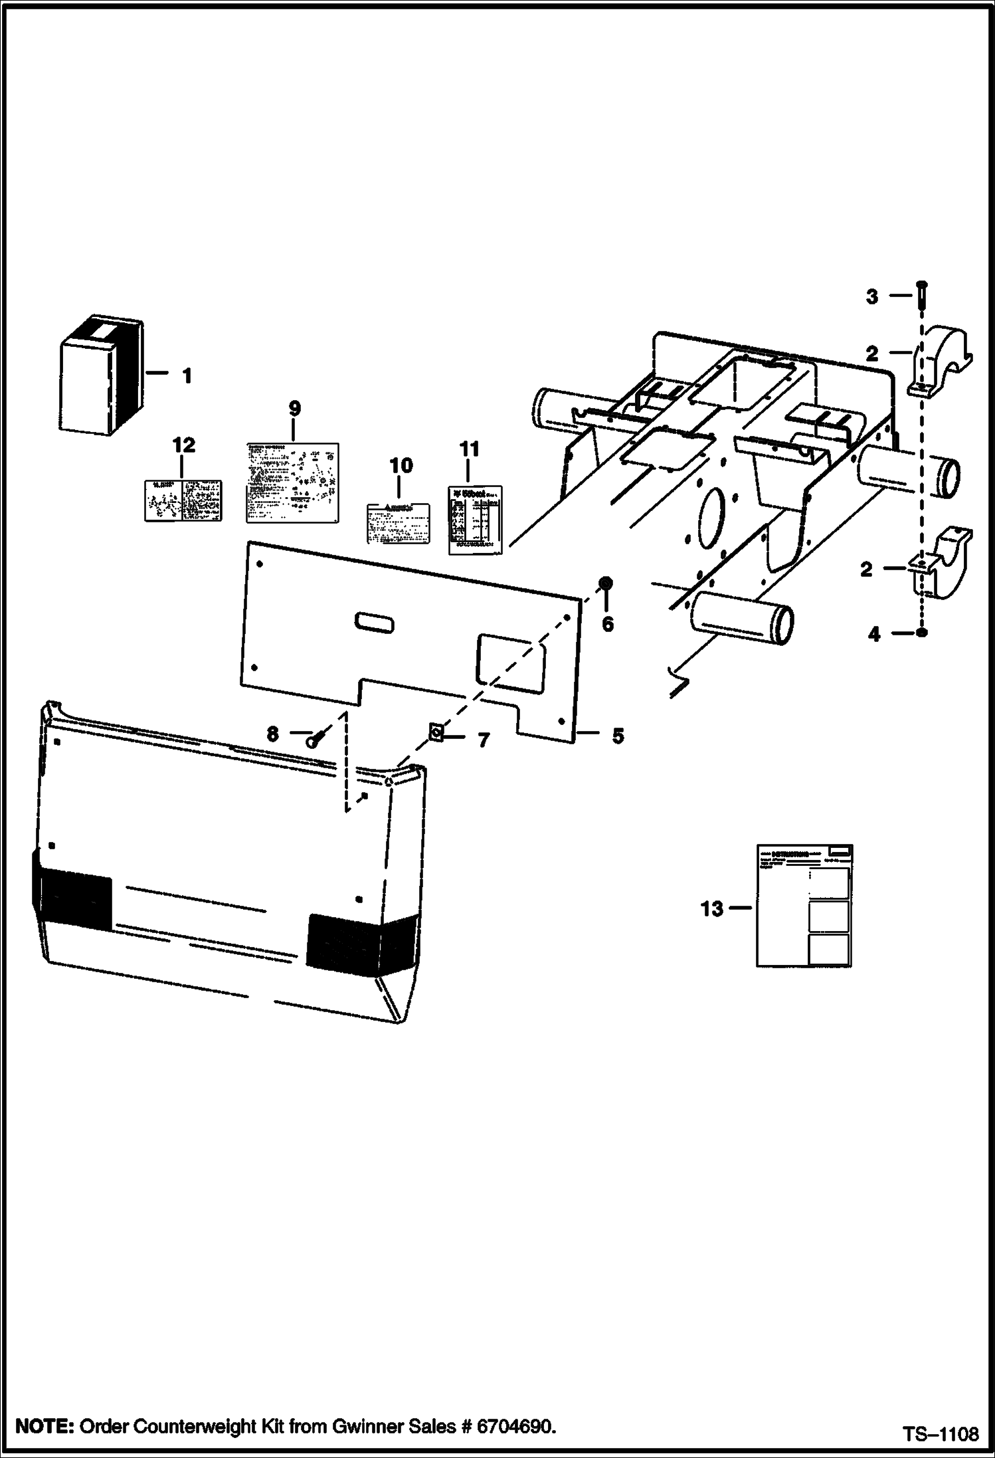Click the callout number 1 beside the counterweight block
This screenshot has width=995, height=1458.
[187, 376]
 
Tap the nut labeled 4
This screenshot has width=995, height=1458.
[921, 633]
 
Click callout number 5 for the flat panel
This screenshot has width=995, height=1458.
[618, 736]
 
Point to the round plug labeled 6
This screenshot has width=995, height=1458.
[606, 583]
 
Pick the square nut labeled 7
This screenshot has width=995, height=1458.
[436, 732]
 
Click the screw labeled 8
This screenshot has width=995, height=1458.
[314, 738]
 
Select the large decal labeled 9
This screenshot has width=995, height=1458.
[292, 482]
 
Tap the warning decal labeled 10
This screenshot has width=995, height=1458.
[398, 524]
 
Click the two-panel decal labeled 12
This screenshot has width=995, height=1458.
[183, 500]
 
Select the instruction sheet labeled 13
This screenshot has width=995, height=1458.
[804, 905]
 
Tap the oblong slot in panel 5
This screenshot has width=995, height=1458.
[374, 623]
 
